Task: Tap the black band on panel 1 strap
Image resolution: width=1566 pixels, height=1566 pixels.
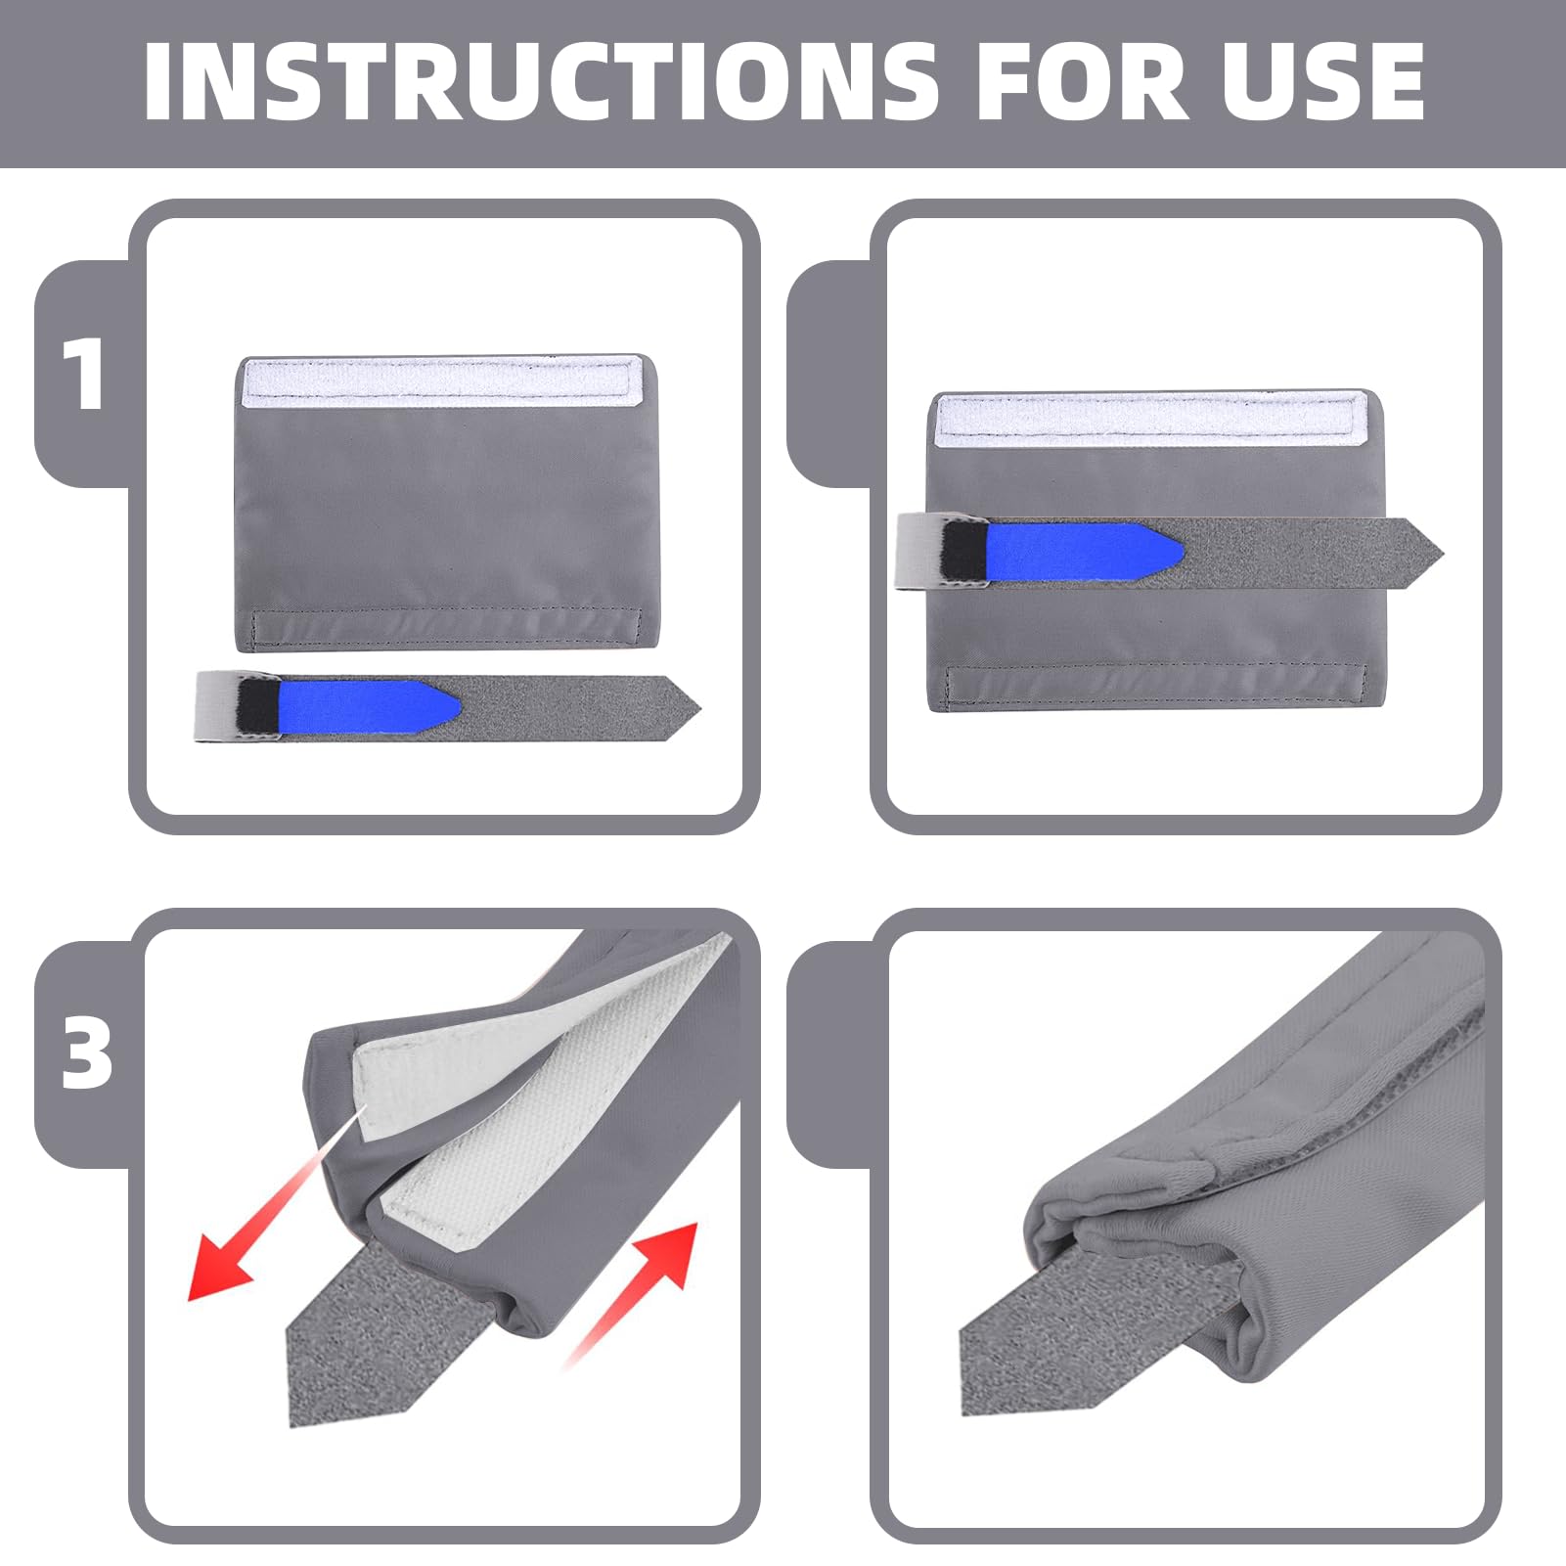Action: (x=257, y=706)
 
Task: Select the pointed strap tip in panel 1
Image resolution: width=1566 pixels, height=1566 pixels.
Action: (x=700, y=704)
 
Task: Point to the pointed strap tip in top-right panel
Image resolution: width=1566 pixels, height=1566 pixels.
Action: (x=1443, y=554)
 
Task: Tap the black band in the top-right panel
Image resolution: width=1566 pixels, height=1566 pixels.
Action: (x=965, y=555)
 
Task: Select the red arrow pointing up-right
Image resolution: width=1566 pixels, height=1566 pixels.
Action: (x=631, y=1291)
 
